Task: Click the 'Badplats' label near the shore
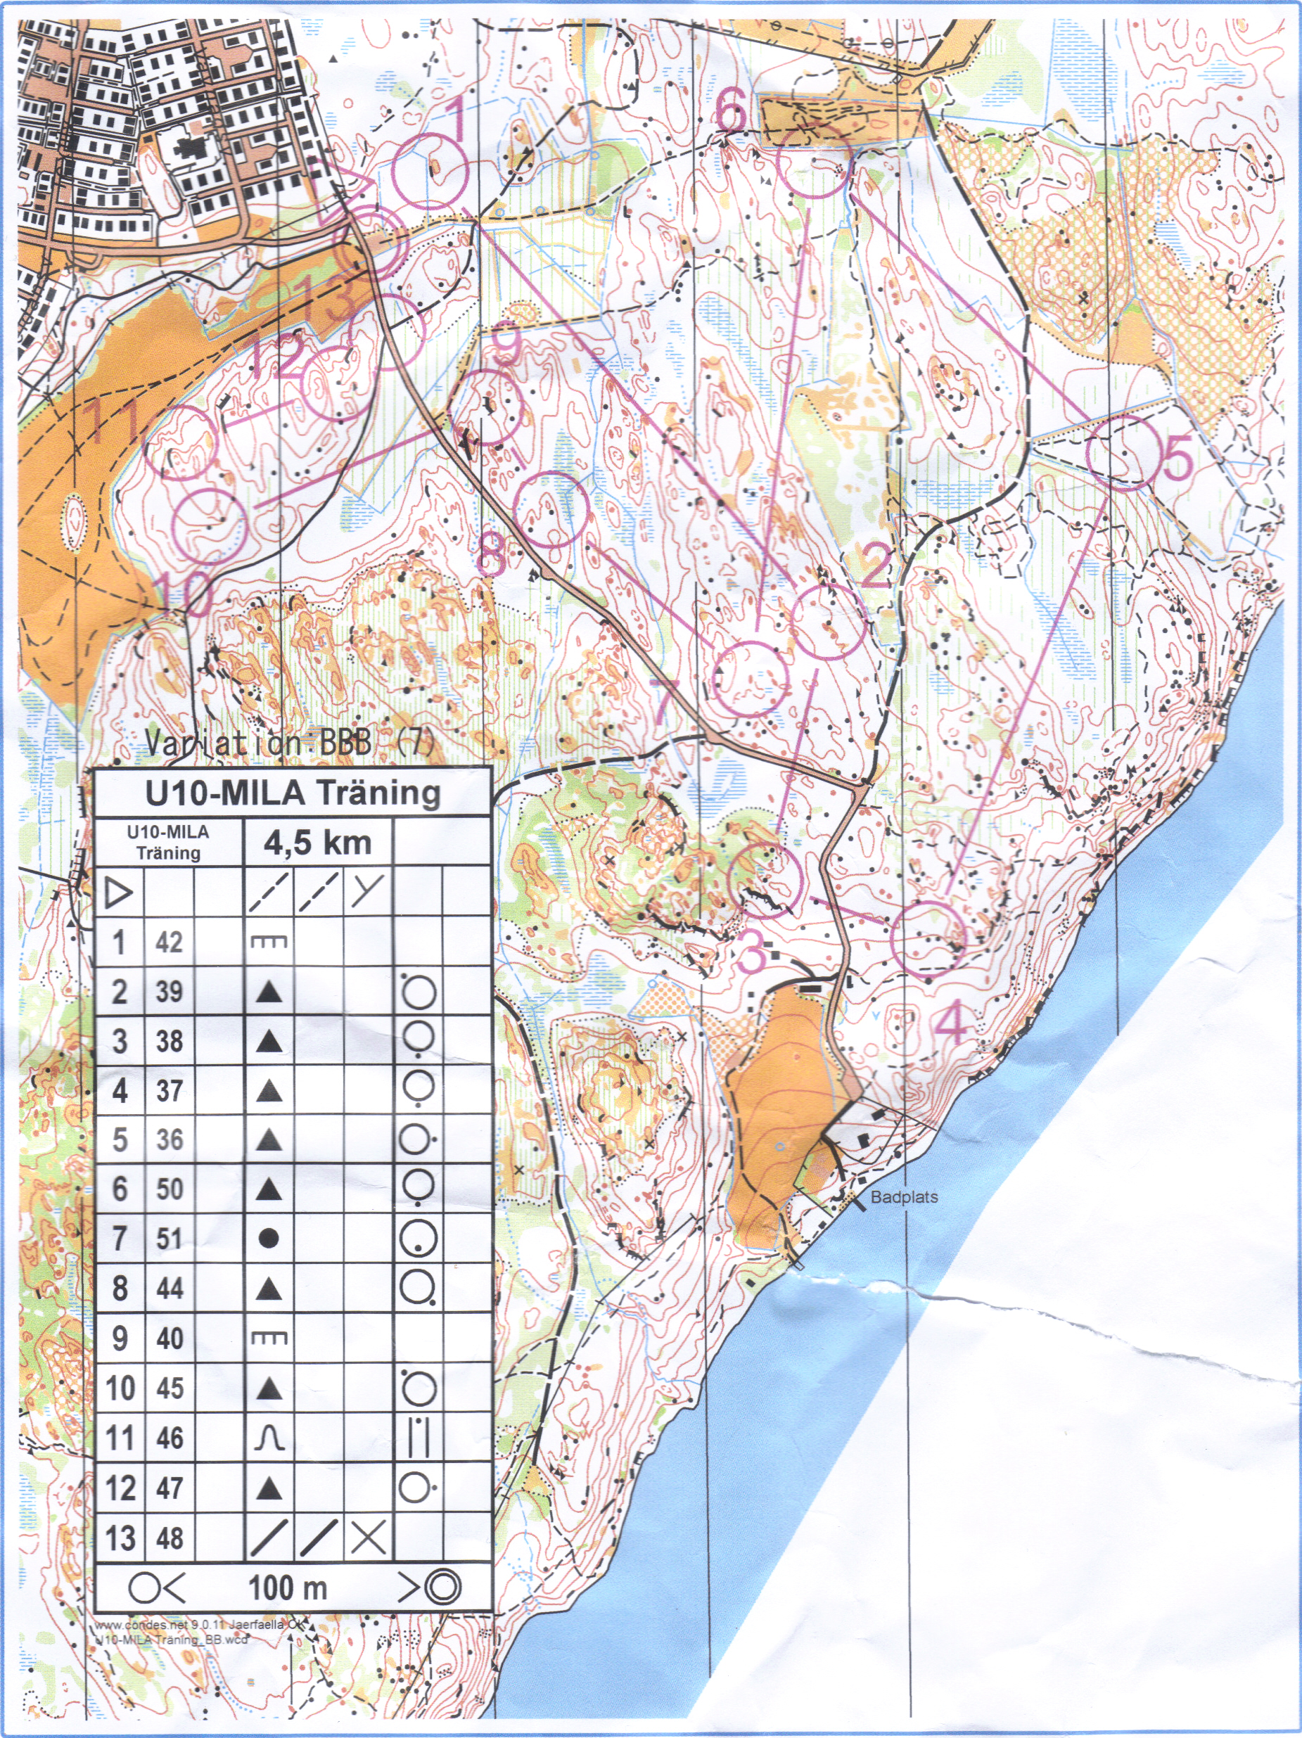[x=904, y=1197]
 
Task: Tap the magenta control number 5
[x=1177, y=458]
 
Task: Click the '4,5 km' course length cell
[x=317, y=843]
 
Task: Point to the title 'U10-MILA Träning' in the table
[x=293, y=793]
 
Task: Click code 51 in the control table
[x=169, y=1239]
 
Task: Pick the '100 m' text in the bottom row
[x=288, y=1588]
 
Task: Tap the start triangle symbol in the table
[x=119, y=893]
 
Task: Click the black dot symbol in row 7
[x=269, y=1239]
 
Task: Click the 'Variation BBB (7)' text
[x=289, y=742]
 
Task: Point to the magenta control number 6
[x=730, y=110]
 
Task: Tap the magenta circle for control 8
[x=551, y=509]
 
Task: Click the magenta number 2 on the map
[x=875, y=564]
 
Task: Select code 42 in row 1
[x=169, y=941]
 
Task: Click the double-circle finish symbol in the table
[x=442, y=1587]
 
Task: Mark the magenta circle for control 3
[x=765, y=879]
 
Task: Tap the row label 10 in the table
[x=120, y=1388]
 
